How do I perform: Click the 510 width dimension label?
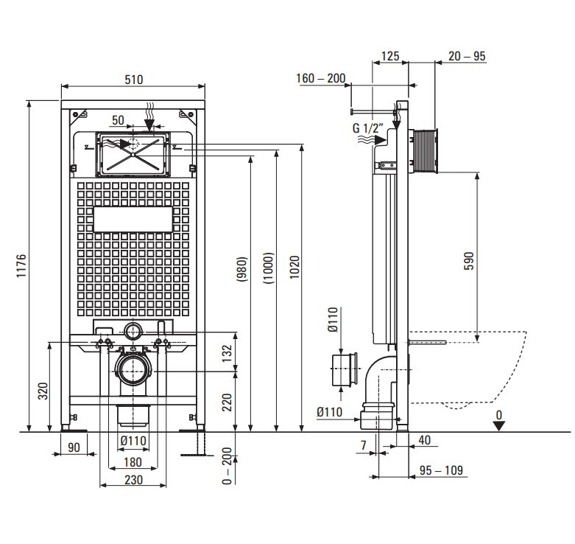click(x=133, y=80)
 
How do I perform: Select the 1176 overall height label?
click(x=21, y=265)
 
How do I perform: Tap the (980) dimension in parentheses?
click(x=242, y=269)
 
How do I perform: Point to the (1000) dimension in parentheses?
click(x=269, y=268)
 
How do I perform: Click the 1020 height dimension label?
click(x=294, y=267)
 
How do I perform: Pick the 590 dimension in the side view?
click(x=469, y=261)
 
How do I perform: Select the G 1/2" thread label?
click(x=368, y=128)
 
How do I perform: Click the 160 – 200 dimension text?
click(x=320, y=78)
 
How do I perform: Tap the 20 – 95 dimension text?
click(x=467, y=56)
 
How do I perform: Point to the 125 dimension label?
click(x=389, y=56)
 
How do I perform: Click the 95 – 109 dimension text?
click(x=441, y=470)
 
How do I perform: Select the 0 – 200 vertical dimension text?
click(x=227, y=465)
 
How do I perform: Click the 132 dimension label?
click(x=227, y=353)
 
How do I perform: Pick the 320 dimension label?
click(x=43, y=391)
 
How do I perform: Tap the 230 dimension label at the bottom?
click(x=133, y=480)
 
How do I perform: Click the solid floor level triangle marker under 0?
click(x=498, y=426)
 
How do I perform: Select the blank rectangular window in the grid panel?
click(x=133, y=219)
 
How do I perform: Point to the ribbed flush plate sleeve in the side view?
click(x=423, y=151)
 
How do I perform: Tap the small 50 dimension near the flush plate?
click(x=118, y=120)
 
